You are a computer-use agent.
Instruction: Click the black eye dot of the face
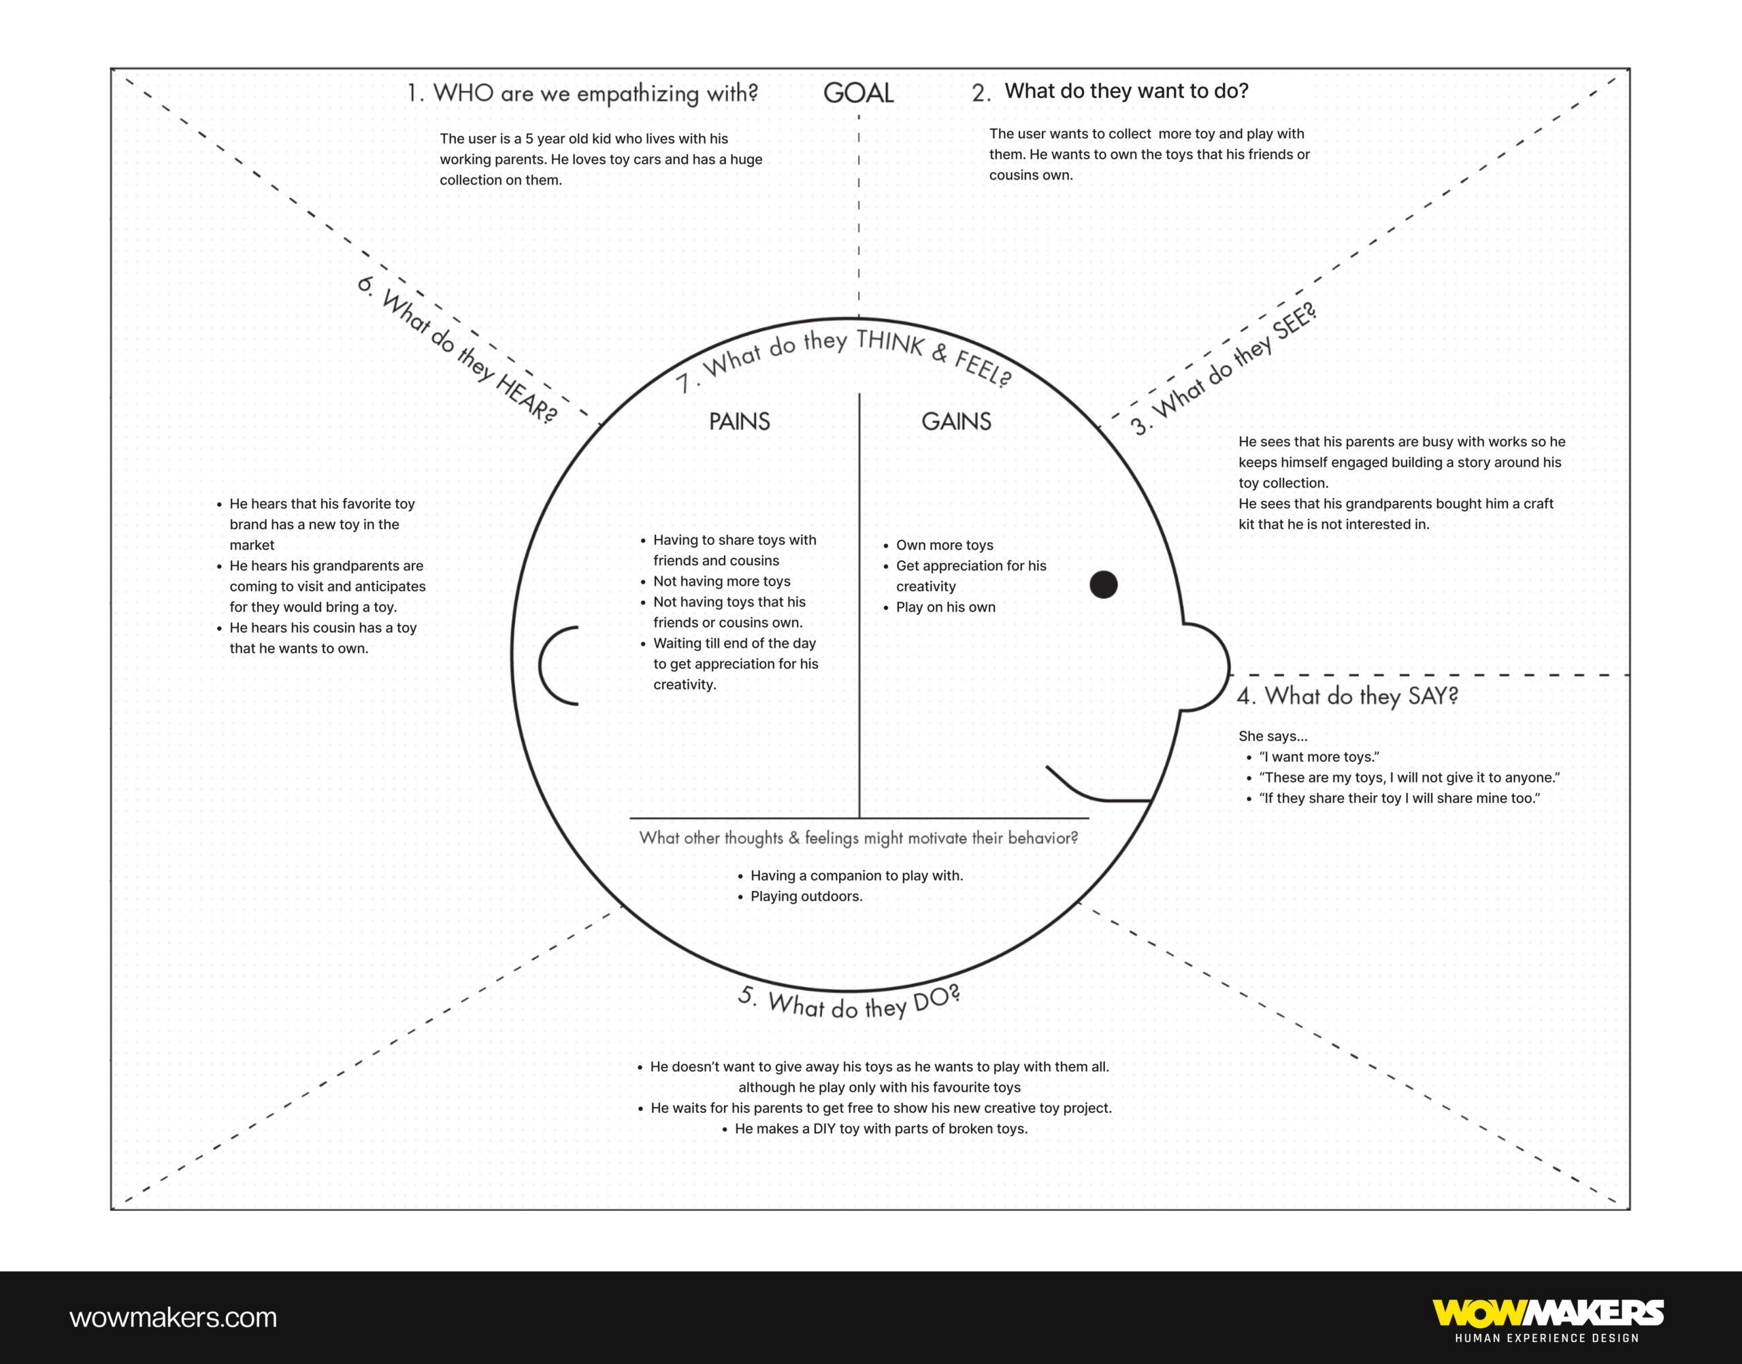(1103, 584)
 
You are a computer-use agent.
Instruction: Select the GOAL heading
(858, 93)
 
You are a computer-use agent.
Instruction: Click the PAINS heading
(739, 421)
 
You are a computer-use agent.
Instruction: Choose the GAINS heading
(956, 421)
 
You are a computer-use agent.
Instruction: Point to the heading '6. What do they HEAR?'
(457, 350)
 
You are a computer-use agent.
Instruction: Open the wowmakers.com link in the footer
(174, 1317)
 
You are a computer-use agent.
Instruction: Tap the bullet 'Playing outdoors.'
(806, 896)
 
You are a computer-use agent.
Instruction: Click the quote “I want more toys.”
(1319, 756)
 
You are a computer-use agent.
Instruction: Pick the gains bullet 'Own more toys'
(944, 545)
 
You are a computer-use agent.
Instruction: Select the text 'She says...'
(1272, 735)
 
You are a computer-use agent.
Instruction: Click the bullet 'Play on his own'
(946, 607)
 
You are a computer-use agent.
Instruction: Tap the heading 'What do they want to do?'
(1126, 91)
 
